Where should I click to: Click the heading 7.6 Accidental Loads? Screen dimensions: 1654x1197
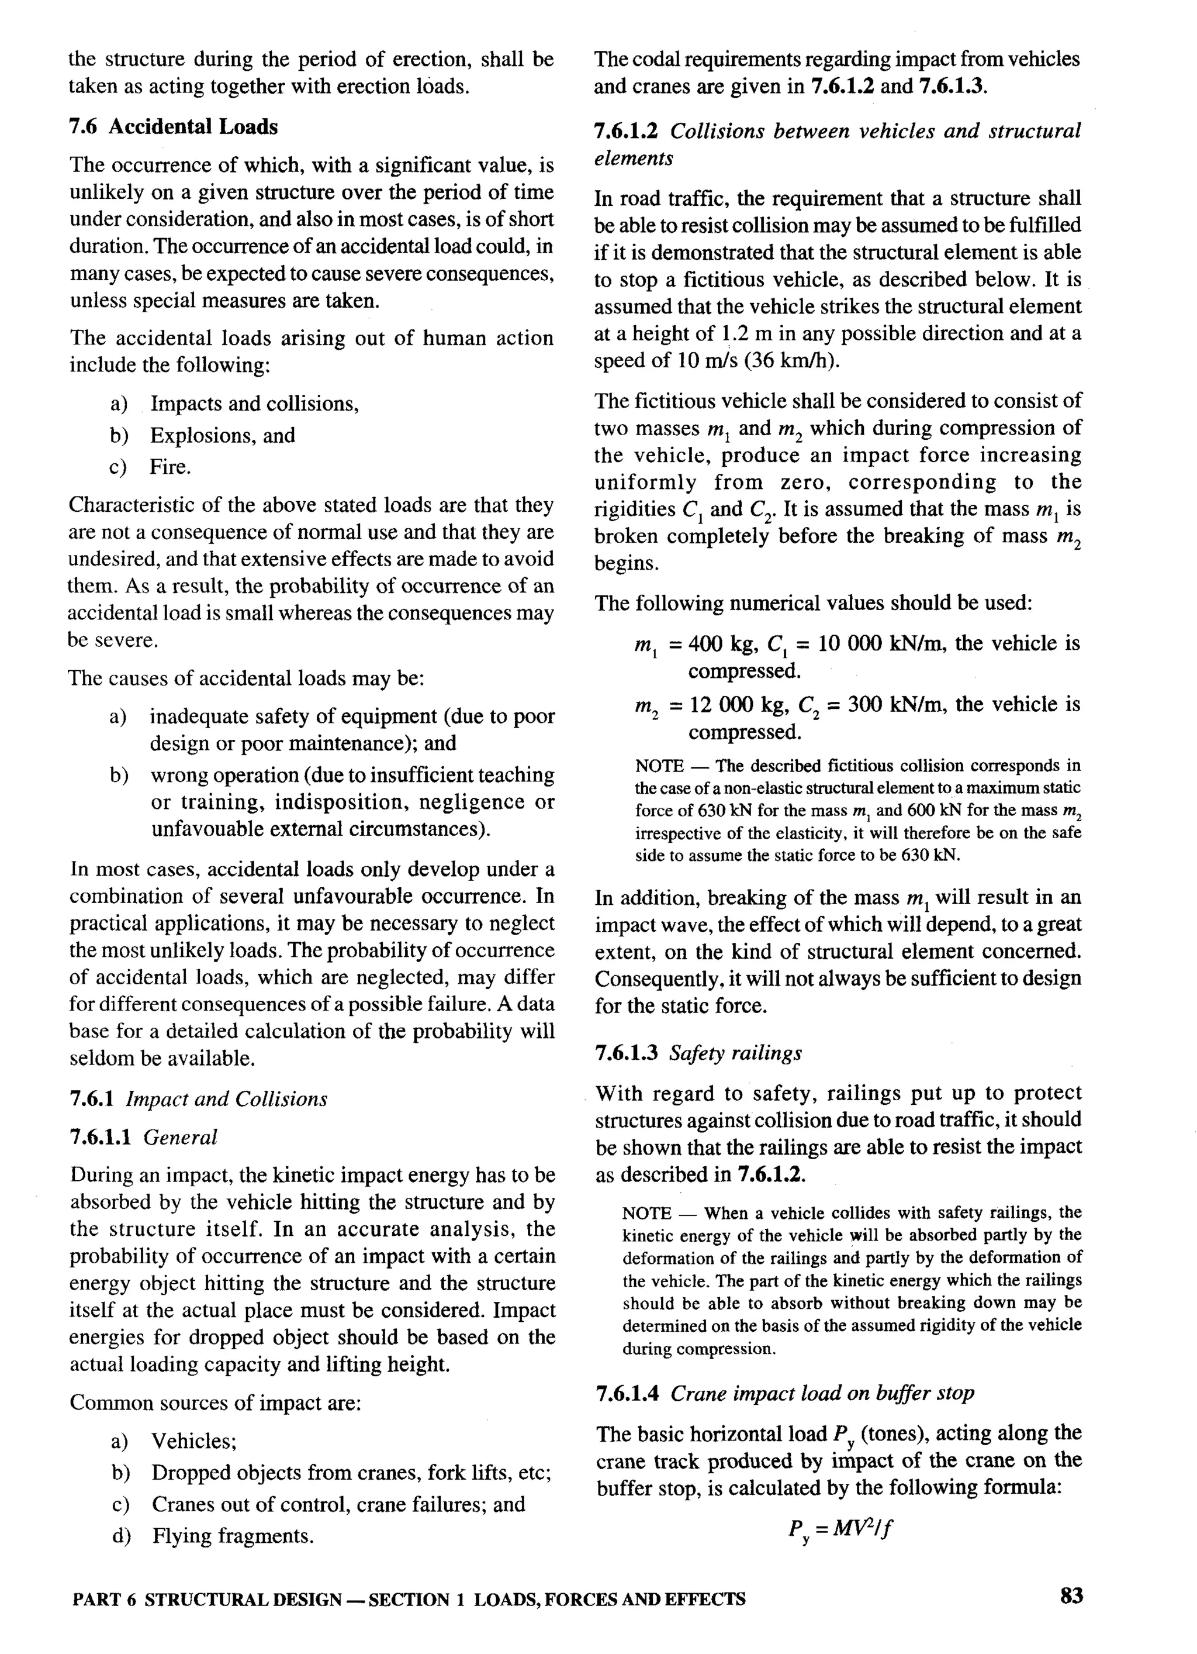click(174, 127)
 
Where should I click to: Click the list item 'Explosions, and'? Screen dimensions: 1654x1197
click(222, 435)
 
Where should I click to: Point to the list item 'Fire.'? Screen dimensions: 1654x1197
click(170, 467)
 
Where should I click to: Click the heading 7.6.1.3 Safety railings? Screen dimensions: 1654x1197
click(698, 1053)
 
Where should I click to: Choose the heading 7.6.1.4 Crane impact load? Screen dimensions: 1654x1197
click(784, 1394)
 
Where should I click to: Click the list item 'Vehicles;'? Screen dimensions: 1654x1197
click(194, 1441)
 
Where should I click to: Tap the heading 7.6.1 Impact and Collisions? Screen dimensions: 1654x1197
click(198, 1099)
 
